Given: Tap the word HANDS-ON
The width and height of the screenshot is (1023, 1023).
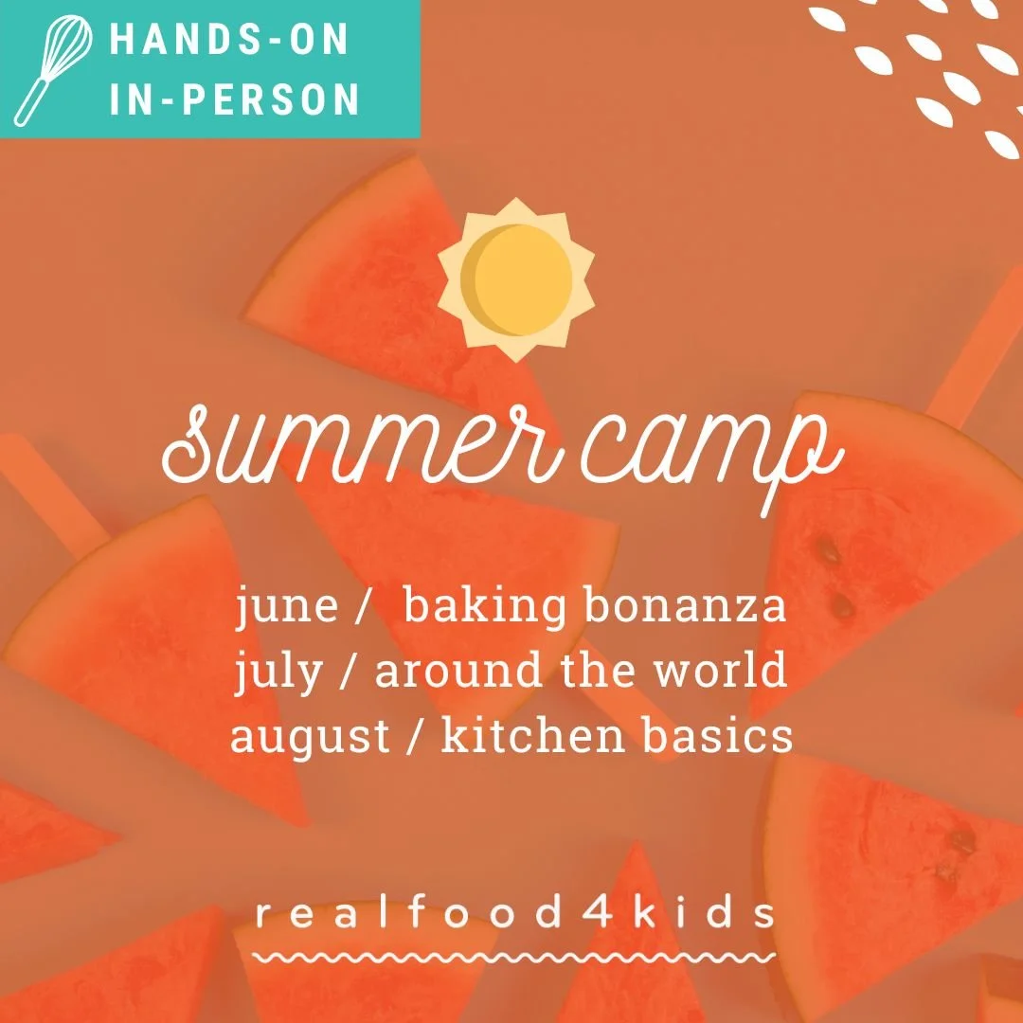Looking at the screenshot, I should tap(230, 41).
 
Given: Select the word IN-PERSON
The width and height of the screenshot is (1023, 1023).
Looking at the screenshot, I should tap(235, 99).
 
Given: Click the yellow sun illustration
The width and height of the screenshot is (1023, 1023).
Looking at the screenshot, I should tap(516, 279).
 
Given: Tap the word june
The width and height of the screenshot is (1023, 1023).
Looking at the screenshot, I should tap(286, 606).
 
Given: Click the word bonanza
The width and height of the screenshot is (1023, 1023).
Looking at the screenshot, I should tap(685, 606).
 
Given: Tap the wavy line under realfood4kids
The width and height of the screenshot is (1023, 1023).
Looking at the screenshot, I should tap(516, 957).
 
